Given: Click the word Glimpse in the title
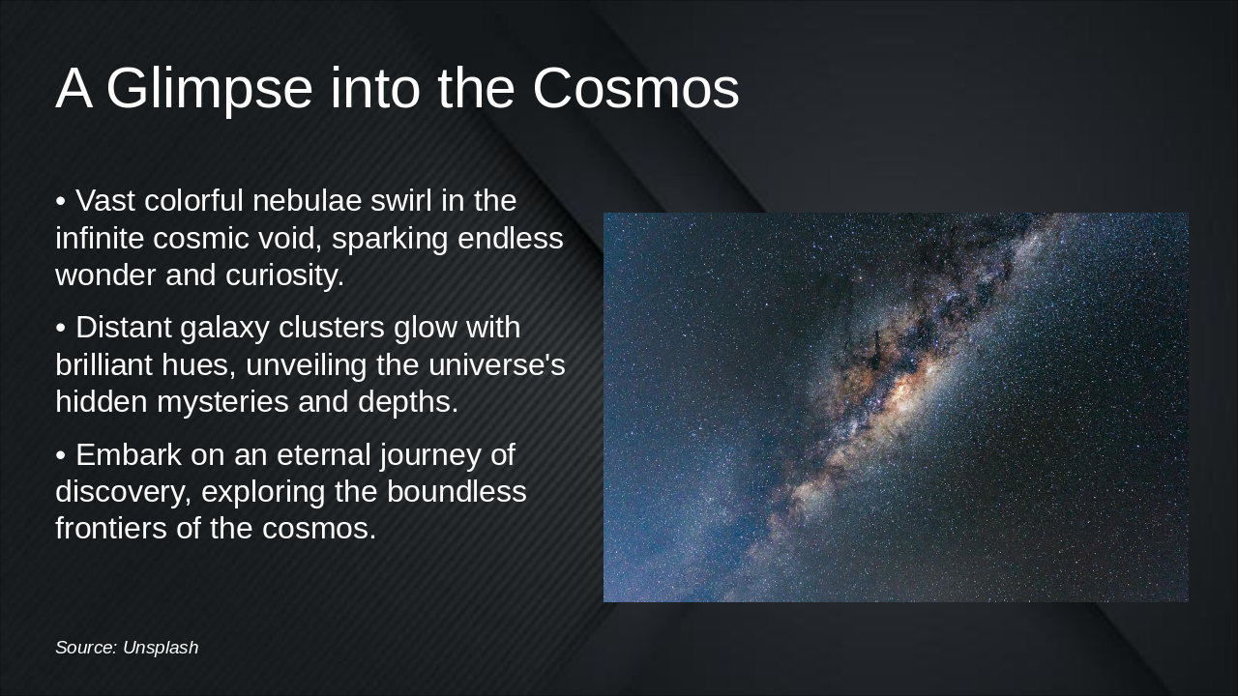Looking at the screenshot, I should coord(209,89).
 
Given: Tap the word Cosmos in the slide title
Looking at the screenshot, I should coord(635,89).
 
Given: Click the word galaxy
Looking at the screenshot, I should coord(227,329).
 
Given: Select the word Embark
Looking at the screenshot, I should coord(125,454).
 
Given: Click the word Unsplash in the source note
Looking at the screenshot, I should coord(161,648).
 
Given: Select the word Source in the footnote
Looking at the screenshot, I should coord(86,648).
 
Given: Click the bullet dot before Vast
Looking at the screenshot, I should coord(60,202).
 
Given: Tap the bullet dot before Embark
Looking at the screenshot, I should coord(60,455).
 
